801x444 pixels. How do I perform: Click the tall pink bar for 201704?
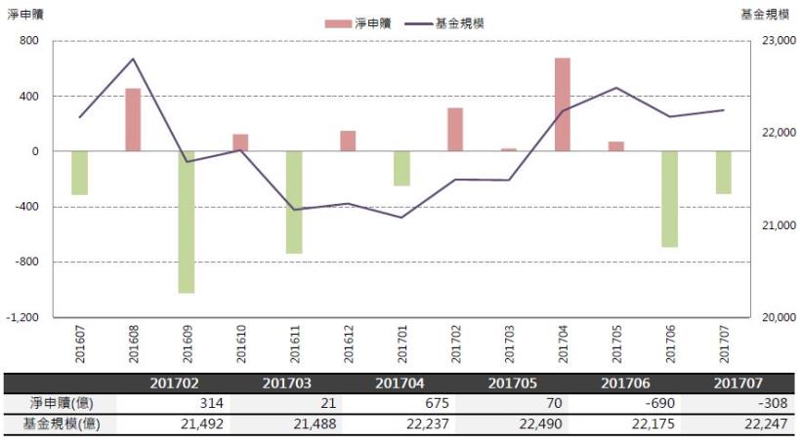[562, 104]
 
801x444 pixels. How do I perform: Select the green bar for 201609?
[187, 222]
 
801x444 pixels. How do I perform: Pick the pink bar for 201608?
[133, 119]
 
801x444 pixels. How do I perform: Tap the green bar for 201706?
[669, 198]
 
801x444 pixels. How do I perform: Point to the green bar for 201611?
[294, 202]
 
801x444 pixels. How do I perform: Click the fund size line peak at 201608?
[133, 60]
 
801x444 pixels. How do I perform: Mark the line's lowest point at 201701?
[401, 217]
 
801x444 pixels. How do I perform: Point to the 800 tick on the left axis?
[27, 41]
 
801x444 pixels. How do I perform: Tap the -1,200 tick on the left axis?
[21, 317]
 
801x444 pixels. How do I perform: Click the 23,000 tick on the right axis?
[778, 41]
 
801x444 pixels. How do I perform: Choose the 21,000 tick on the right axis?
[778, 225]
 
